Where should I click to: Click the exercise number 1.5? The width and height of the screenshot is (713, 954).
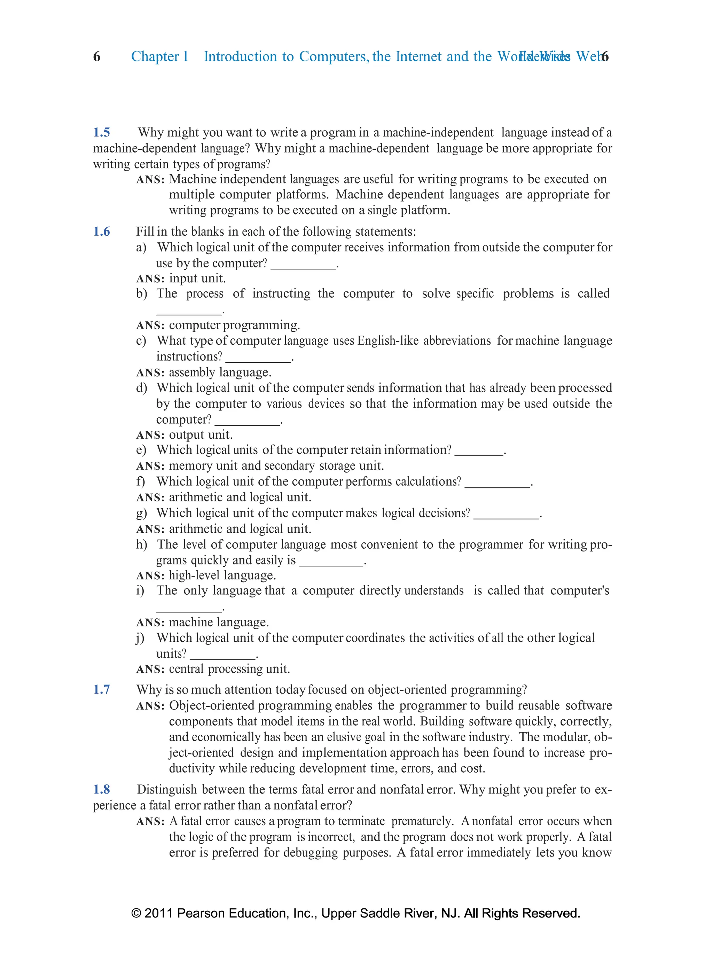tap(102, 132)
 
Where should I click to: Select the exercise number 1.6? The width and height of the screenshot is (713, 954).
tap(102, 232)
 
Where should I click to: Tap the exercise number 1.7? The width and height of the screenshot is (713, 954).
tap(102, 690)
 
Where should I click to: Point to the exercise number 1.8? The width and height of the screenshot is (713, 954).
tap(102, 790)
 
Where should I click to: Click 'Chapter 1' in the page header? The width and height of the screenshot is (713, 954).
tap(159, 56)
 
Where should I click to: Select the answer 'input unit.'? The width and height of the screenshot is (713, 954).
tap(197, 279)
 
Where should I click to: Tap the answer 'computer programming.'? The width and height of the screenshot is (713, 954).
tap(234, 325)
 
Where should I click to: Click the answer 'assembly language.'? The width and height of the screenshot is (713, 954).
tap(220, 372)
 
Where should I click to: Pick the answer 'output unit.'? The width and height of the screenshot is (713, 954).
tap(201, 435)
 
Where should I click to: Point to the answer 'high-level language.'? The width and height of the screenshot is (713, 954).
tap(222, 575)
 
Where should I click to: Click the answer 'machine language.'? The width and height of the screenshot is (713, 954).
tap(219, 622)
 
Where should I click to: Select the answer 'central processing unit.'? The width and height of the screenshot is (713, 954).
tap(229, 669)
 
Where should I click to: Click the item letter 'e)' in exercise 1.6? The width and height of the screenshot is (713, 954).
tap(141, 450)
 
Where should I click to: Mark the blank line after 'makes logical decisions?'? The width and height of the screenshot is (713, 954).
tap(506, 517)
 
